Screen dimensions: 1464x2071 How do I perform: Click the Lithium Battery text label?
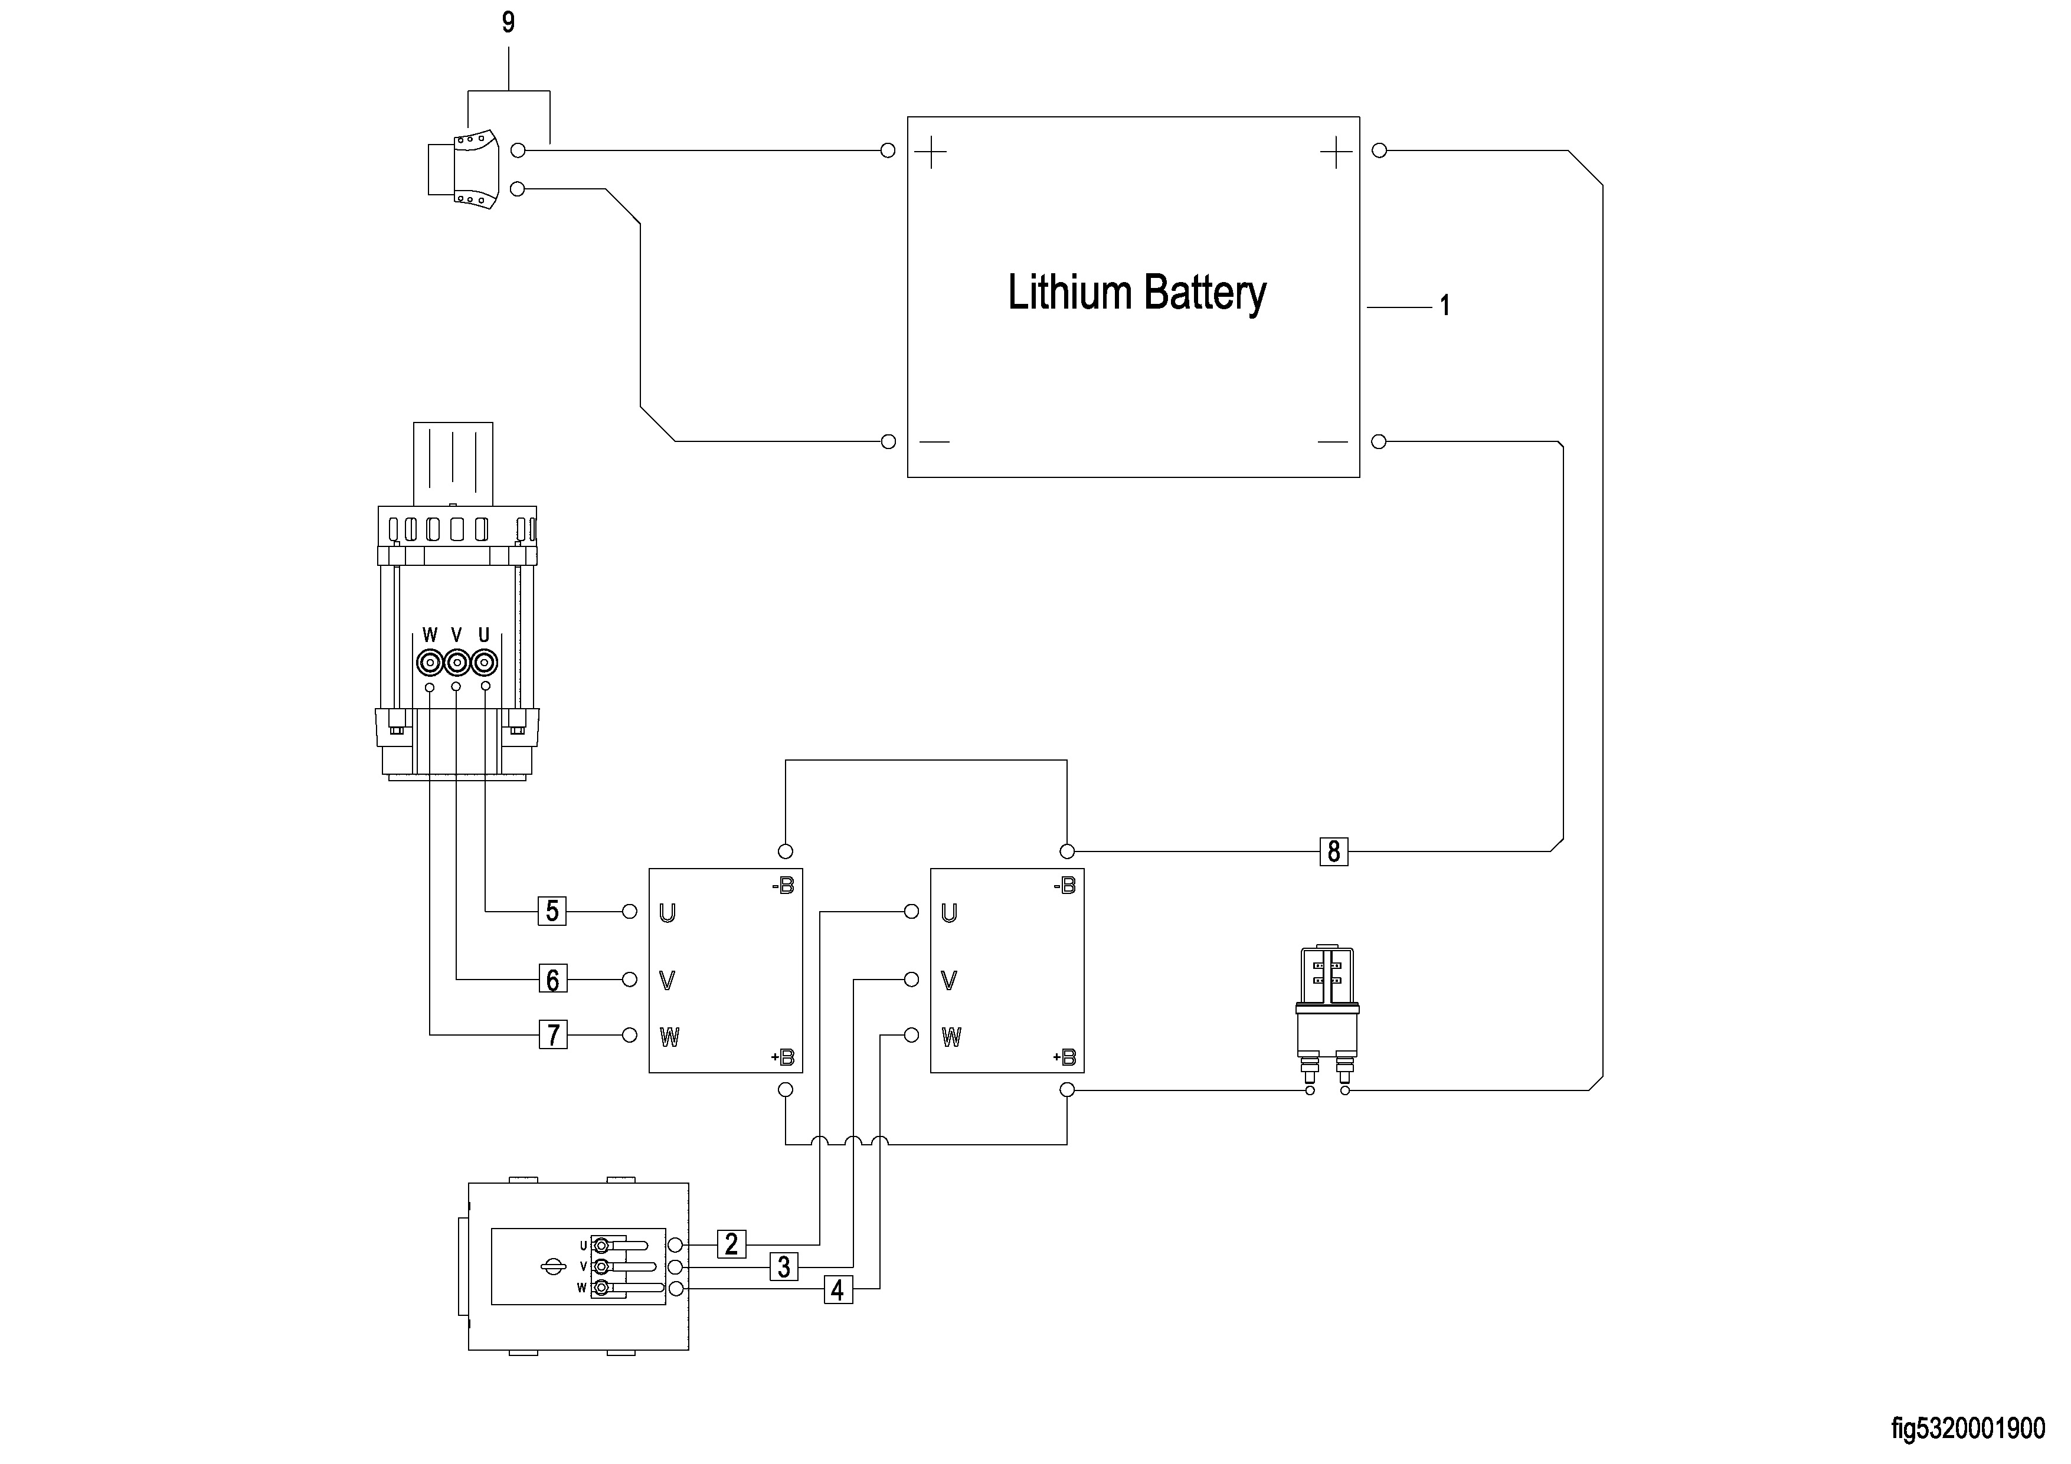[1137, 293]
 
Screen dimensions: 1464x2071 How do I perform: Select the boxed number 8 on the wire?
[1333, 851]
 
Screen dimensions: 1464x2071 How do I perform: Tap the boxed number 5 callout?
[552, 911]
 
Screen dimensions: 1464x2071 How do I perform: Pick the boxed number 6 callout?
[552, 979]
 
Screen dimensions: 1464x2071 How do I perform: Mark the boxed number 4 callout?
[837, 1290]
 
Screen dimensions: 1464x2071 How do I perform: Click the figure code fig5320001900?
[1968, 1429]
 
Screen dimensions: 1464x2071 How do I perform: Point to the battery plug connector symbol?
[464, 169]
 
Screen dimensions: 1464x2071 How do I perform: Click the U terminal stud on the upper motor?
[485, 664]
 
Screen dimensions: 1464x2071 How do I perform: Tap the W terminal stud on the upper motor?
[429, 664]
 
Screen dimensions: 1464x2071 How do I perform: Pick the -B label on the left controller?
[783, 887]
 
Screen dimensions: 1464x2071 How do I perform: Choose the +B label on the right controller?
[1064, 1057]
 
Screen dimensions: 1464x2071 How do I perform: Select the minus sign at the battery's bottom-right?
[1332, 442]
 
